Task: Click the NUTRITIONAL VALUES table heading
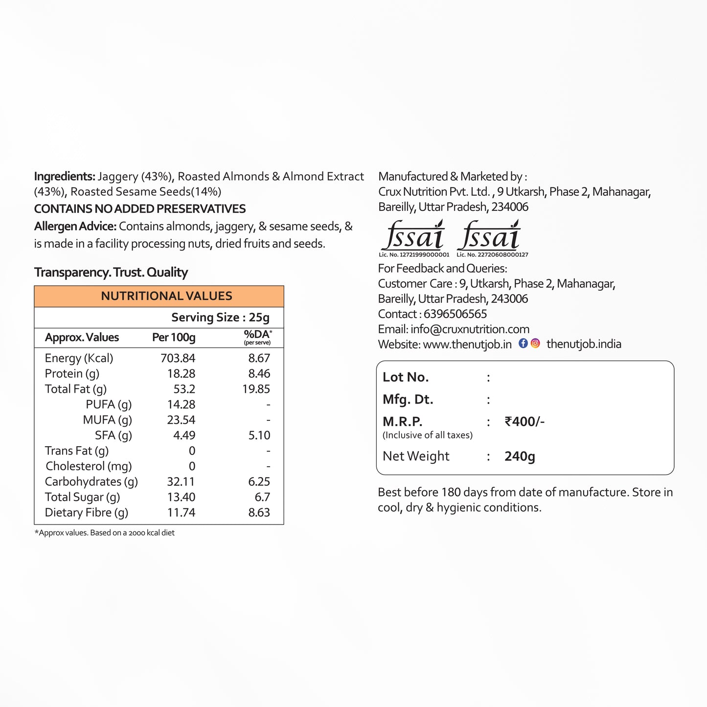pos(166,296)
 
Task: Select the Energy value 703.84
pos(178,358)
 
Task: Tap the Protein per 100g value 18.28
pos(181,374)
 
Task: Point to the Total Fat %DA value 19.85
pos(256,389)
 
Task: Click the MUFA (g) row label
pos(107,420)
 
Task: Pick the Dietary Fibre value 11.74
pos(181,512)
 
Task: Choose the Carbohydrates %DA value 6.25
pos(259,481)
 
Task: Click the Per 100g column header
pos(174,337)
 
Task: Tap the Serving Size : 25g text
pos(220,318)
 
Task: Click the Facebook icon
pos(523,343)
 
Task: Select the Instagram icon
pos(535,343)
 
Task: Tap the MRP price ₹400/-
pos(525,421)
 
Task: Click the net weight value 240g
pos(520,456)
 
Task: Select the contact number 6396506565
pos(455,314)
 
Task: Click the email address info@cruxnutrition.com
pos(470,329)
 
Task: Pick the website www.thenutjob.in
pos(467,344)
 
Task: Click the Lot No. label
pos(406,377)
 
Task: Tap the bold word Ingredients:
pos(65,176)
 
